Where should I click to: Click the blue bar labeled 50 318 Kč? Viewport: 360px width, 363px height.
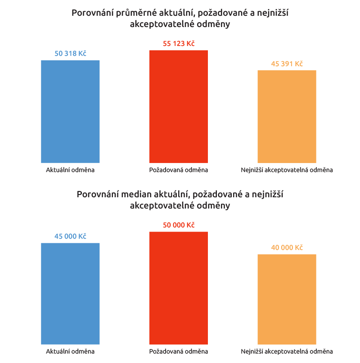coord(70,111)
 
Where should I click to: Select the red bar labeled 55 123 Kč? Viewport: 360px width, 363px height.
coord(179,106)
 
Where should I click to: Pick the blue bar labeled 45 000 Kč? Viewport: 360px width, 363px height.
coord(70,294)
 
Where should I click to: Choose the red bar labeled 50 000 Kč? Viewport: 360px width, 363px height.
coord(179,288)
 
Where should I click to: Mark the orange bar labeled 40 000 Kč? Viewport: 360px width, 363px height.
coord(287,299)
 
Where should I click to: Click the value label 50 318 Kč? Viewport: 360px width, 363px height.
coord(70,54)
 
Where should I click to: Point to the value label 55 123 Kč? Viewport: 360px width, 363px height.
coord(179,44)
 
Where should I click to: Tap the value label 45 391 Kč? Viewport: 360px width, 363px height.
coord(287,64)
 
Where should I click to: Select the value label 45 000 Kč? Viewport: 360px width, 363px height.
coord(70,236)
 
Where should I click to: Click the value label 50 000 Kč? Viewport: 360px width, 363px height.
coord(179,225)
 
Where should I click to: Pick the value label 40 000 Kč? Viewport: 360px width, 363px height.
coord(287,248)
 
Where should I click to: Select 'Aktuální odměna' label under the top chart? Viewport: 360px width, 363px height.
coord(70,170)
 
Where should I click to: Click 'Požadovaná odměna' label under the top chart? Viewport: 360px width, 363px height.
coord(179,170)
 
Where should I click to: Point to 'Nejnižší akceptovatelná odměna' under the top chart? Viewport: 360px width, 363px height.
coord(287,170)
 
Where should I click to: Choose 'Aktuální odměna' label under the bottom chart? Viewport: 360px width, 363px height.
coord(70,351)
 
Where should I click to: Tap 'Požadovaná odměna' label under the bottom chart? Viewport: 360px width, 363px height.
coord(179,351)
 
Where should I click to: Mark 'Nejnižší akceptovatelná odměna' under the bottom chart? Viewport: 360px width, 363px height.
coord(287,351)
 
